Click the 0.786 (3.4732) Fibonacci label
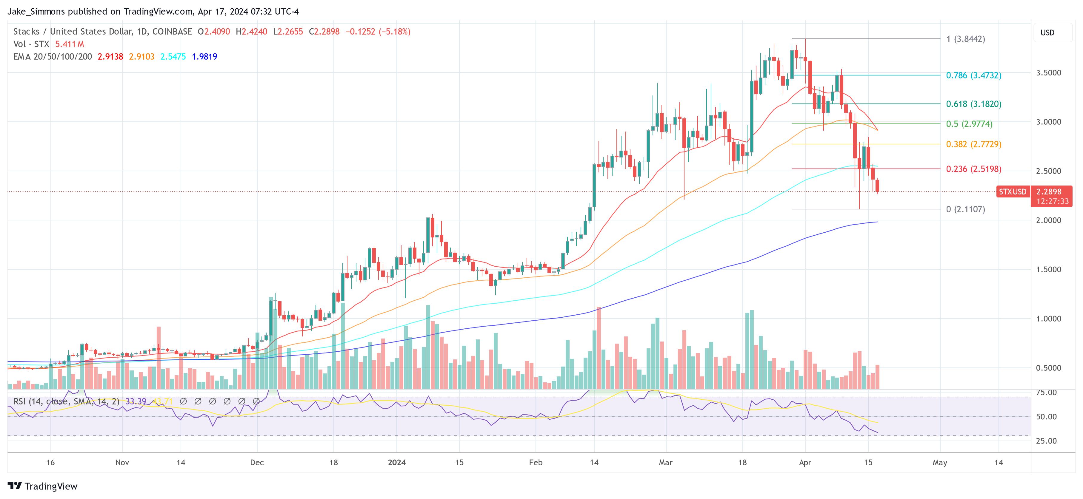973,75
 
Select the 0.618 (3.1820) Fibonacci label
973,104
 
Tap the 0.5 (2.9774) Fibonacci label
969,124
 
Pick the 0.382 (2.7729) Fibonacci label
973,144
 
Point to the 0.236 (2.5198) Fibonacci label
973,169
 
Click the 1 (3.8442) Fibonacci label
965,39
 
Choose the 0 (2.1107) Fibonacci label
965,209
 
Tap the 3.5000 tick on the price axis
1048,73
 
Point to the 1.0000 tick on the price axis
1048,318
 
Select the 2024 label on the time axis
396,462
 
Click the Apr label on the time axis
805,462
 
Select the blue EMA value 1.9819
204,57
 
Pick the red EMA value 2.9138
110,57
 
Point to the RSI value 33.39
136,401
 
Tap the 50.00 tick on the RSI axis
1046,417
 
